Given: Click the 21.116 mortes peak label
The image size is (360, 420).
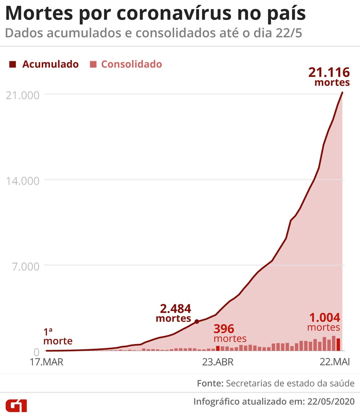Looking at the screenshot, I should click(x=329, y=76).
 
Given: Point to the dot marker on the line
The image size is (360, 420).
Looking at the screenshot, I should click(x=197, y=322).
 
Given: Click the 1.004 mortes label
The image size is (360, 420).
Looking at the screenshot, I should click(x=324, y=322).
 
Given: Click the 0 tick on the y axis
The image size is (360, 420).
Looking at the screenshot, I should click(x=36, y=352).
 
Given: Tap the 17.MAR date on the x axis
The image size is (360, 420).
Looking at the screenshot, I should click(x=47, y=363).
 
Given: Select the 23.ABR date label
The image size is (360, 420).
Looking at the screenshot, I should click(x=218, y=363).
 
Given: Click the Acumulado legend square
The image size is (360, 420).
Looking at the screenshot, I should click(x=13, y=65).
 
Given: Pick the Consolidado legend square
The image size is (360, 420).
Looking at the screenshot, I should click(x=93, y=65).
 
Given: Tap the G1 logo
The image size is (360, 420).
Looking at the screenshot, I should click(x=16, y=405).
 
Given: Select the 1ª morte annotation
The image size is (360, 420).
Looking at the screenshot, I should click(x=58, y=337).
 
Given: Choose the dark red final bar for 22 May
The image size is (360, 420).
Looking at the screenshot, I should click(x=338, y=344).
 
